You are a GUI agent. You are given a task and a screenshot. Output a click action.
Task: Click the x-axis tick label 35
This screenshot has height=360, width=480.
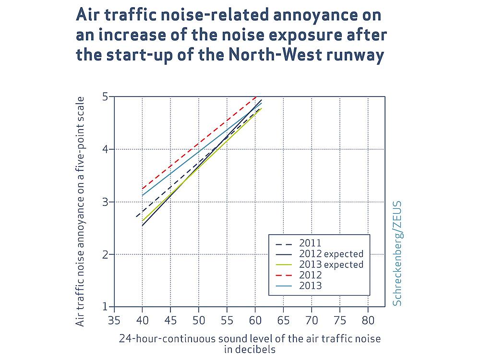coord(114,319)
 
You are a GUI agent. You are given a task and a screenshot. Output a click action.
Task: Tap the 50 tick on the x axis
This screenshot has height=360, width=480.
coord(199,319)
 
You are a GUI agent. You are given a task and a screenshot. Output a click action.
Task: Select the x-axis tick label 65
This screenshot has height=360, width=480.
coord(283,319)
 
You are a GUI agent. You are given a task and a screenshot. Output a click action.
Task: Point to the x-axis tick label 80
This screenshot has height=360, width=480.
coord(368,319)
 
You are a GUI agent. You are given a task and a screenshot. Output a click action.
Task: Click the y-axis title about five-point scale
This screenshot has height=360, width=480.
coord(80,211)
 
